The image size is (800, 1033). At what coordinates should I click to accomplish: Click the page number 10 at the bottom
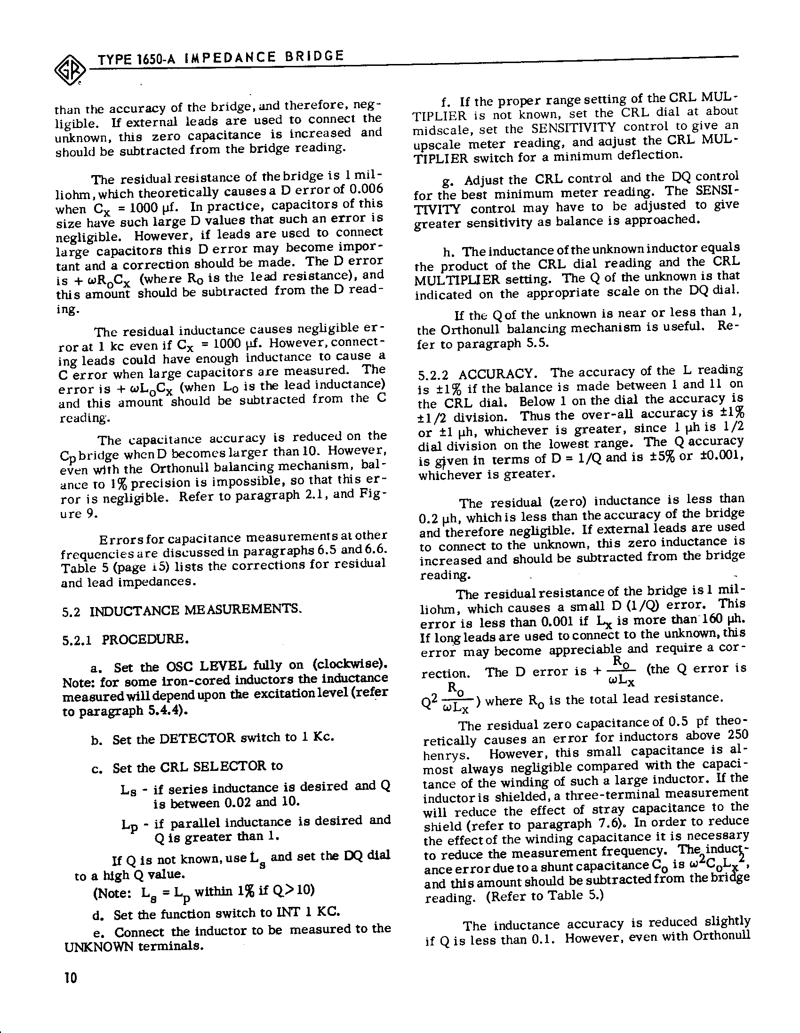click(x=71, y=977)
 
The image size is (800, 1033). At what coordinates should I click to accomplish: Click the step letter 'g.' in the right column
click(x=448, y=181)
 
